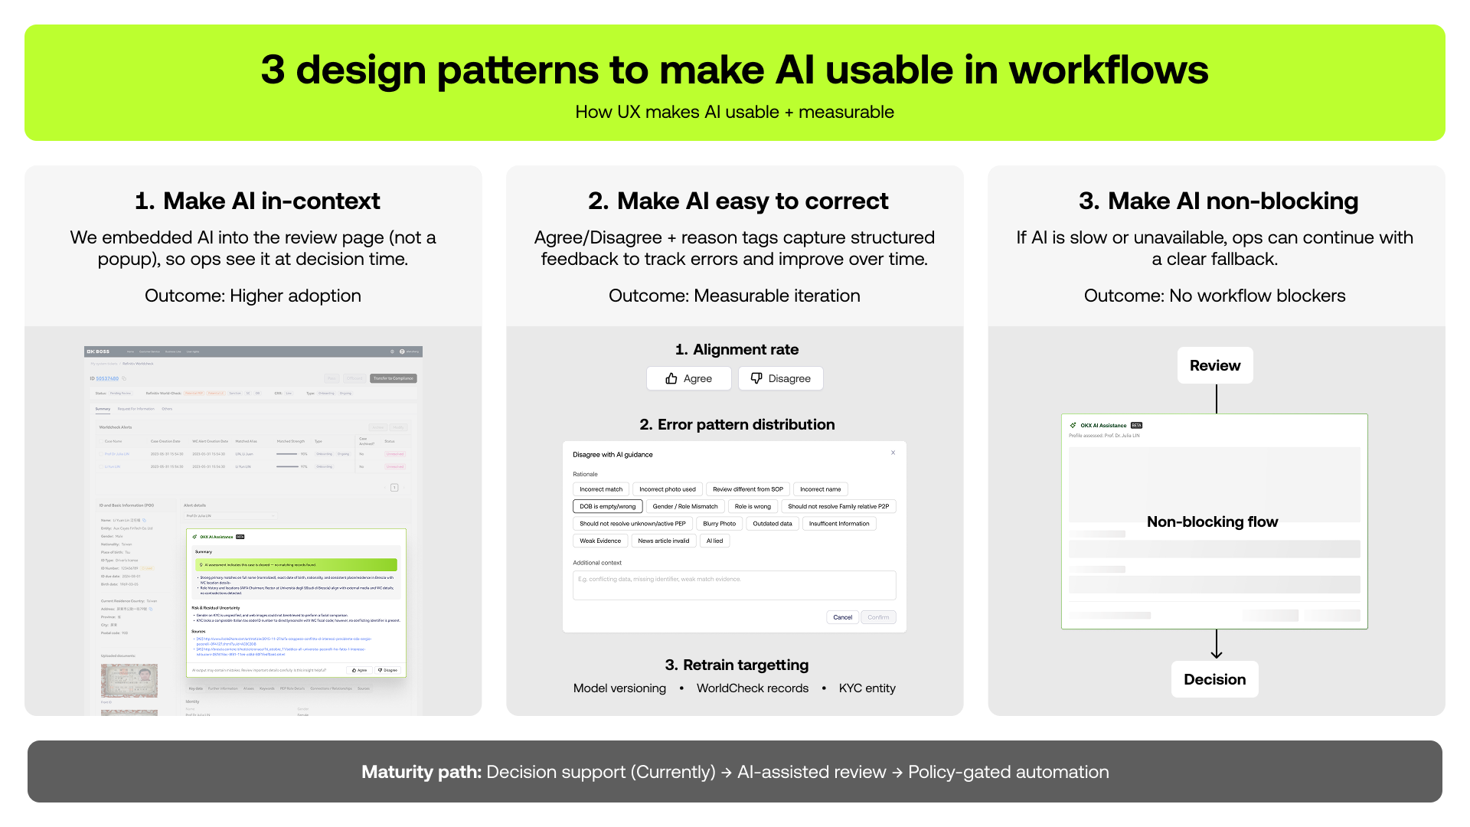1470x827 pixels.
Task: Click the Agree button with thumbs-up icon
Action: click(x=688, y=378)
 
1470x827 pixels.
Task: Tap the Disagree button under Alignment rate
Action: click(x=780, y=378)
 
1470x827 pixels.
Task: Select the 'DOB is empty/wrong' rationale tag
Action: click(x=607, y=506)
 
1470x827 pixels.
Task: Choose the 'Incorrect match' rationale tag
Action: click(x=601, y=489)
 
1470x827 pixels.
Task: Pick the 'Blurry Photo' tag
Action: click(x=719, y=524)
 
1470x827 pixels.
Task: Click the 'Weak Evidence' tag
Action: click(x=600, y=541)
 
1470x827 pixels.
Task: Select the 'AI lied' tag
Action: click(x=714, y=541)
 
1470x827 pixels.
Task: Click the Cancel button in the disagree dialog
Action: click(x=842, y=617)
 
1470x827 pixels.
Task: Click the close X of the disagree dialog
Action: click(x=893, y=453)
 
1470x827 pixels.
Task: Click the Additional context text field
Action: click(x=733, y=585)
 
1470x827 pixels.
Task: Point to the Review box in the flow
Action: click(x=1215, y=365)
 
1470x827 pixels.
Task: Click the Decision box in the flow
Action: click(x=1214, y=679)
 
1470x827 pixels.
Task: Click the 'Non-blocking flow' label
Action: click(x=1212, y=521)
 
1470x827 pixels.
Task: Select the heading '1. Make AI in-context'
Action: click(x=256, y=201)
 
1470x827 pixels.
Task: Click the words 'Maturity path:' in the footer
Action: click(x=421, y=772)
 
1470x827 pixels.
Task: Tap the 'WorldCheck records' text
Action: click(x=752, y=688)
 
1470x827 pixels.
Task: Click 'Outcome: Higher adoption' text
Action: click(x=253, y=296)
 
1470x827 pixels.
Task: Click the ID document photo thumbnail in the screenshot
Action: click(x=129, y=680)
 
